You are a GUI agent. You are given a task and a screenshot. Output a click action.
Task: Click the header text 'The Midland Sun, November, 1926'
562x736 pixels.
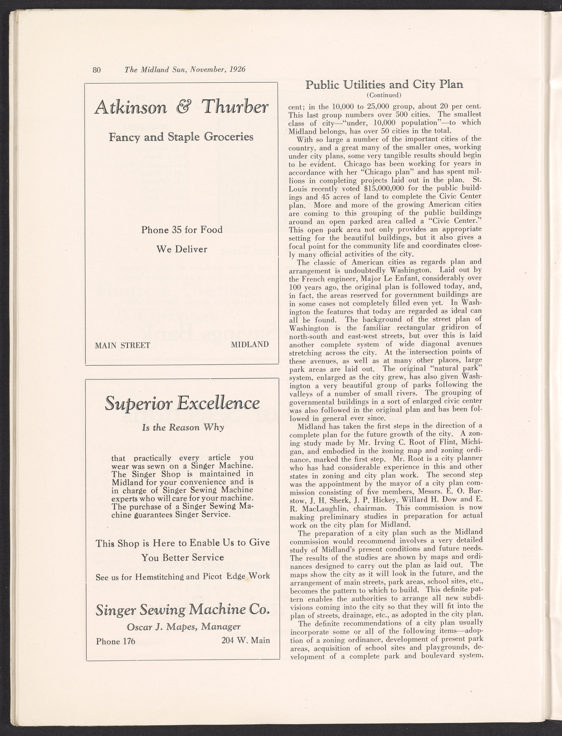pos(185,70)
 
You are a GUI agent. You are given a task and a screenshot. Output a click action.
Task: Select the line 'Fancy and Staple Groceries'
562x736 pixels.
pos(181,137)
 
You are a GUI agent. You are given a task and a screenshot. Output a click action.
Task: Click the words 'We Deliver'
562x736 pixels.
pos(182,249)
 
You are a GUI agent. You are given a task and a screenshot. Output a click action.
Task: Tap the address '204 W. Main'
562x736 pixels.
pos(246,640)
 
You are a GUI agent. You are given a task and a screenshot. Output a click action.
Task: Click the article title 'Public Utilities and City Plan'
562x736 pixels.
pos(384,85)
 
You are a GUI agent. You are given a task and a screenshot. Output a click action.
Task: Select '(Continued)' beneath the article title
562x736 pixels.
pos(384,95)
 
